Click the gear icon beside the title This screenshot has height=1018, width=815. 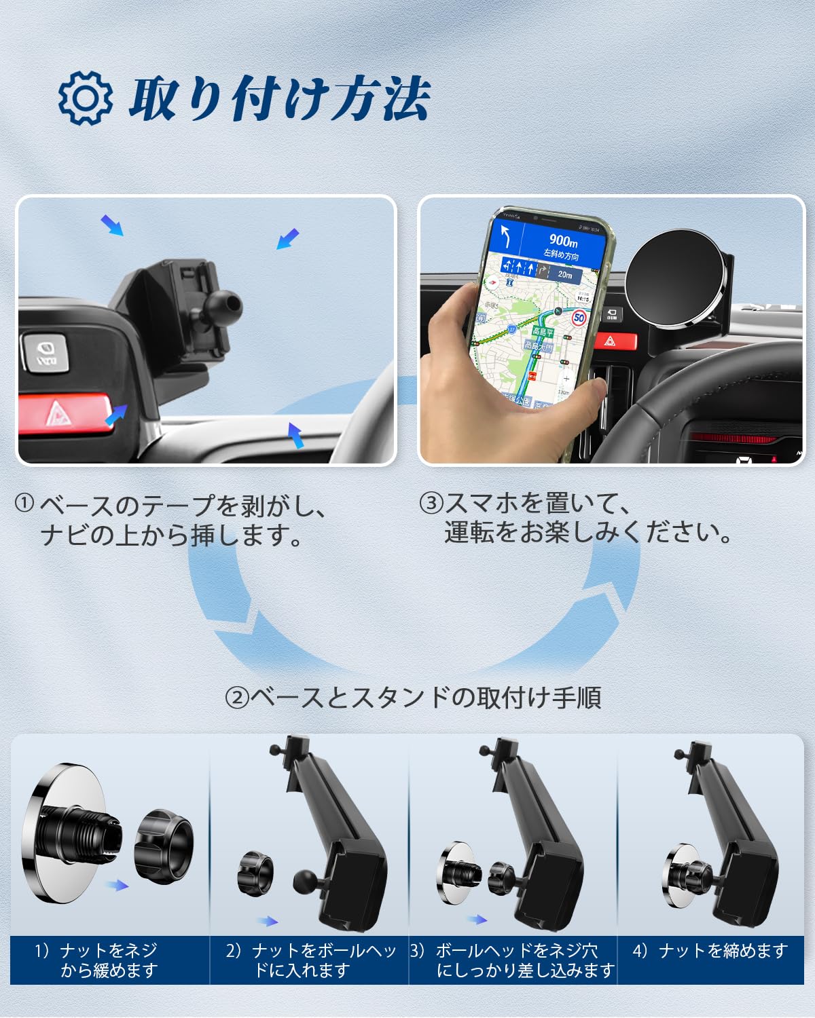pos(85,98)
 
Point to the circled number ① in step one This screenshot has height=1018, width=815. pos(24,504)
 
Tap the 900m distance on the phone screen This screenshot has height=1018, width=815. pos(562,241)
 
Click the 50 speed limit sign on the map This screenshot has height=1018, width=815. pos(579,318)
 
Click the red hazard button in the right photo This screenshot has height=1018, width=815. pos(615,341)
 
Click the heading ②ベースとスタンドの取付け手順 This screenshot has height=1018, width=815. pos(413,697)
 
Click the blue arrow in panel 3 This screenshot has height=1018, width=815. pos(477,920)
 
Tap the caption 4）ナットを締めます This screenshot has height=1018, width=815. pos(710,951)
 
